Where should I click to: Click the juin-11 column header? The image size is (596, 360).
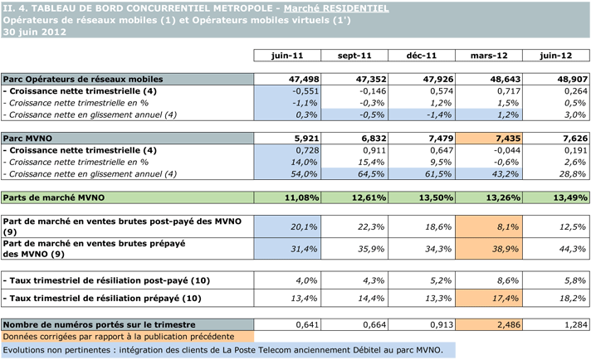286,56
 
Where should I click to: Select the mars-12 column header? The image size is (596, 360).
490,56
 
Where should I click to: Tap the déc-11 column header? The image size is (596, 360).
422,56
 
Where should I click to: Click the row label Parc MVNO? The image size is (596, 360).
25,138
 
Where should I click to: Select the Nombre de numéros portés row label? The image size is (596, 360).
100,324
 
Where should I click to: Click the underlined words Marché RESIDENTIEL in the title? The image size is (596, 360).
340,7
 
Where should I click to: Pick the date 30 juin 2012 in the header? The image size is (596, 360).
33,31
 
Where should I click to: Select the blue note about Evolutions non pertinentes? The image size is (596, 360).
224,351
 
